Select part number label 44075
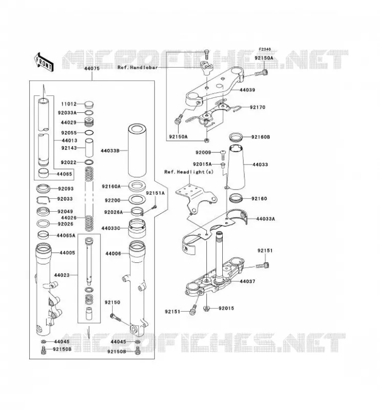tap(92, 69)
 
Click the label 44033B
tap(110, 151)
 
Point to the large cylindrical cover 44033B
tap(137, 150)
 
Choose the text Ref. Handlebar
tap(138, 68)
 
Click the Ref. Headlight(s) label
tap(188, 172)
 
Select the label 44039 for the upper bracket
tap(247, 90)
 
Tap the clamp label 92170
tap(258, 107)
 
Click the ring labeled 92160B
tap(236, 137)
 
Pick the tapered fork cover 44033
tap(237, 167)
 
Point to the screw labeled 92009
tap(223, 155)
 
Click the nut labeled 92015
tap(207, 309)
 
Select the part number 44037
tap(247, 281)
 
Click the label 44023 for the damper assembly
tap(61, 275)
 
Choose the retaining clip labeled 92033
tap(43, 199)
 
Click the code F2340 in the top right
tap(265, 49)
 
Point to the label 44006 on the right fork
tap(113, 254)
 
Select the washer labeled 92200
tap(137, 200)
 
